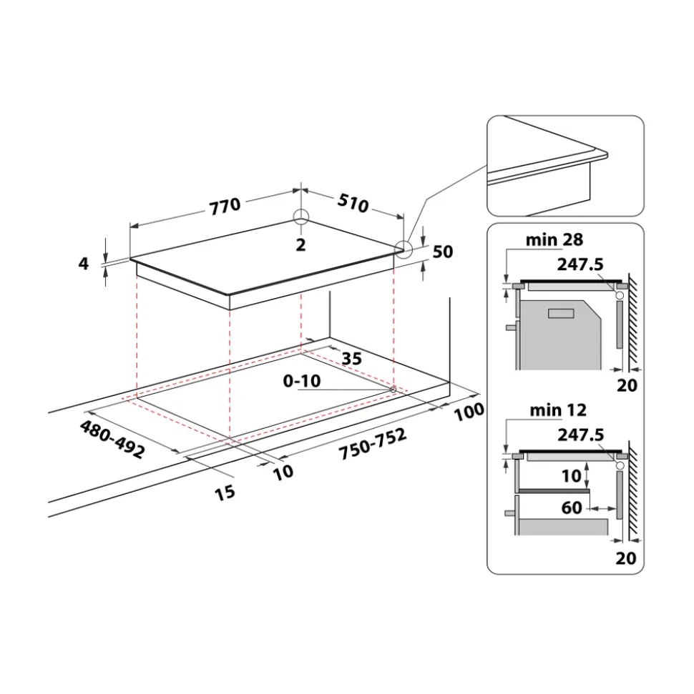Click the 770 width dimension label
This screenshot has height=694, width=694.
(225, 207)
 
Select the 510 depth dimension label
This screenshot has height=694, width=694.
(353, 202)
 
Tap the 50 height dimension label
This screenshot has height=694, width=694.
(443, 252)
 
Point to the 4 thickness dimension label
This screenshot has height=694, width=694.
(83, 264)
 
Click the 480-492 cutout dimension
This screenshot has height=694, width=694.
(112, 439)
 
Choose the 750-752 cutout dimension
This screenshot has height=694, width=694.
(373, 444)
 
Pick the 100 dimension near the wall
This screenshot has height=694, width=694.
(469, 411)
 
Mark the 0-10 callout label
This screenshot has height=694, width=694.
(302, 381)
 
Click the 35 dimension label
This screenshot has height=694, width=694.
(352, 359)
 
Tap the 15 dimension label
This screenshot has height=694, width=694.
(225, 492)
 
